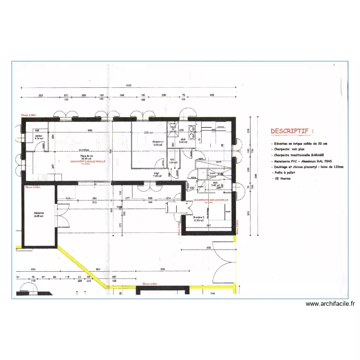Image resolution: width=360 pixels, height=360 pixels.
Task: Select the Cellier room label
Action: [38, 137]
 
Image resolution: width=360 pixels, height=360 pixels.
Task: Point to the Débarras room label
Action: [38, 215]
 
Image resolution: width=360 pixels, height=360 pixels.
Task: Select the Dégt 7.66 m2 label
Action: [157, 175]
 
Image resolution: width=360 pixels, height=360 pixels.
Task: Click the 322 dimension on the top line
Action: [41, 96]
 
